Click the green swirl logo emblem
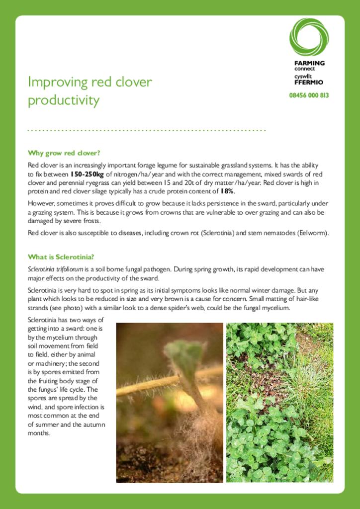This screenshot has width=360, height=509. (309, 37)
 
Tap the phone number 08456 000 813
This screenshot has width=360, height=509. (309, 95)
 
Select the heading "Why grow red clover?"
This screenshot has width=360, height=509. (64, 153)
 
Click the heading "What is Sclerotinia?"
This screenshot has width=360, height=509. (61, 257)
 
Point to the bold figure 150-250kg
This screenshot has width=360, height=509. (87, 174)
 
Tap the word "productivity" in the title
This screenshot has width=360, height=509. (63, 101)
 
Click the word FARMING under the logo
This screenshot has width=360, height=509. (309, 63)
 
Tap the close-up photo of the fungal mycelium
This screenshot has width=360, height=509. (169, 402)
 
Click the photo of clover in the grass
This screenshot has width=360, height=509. (279, 402)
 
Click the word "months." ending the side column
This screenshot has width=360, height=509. (39, 433)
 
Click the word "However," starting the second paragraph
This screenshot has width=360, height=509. (41, 203)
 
